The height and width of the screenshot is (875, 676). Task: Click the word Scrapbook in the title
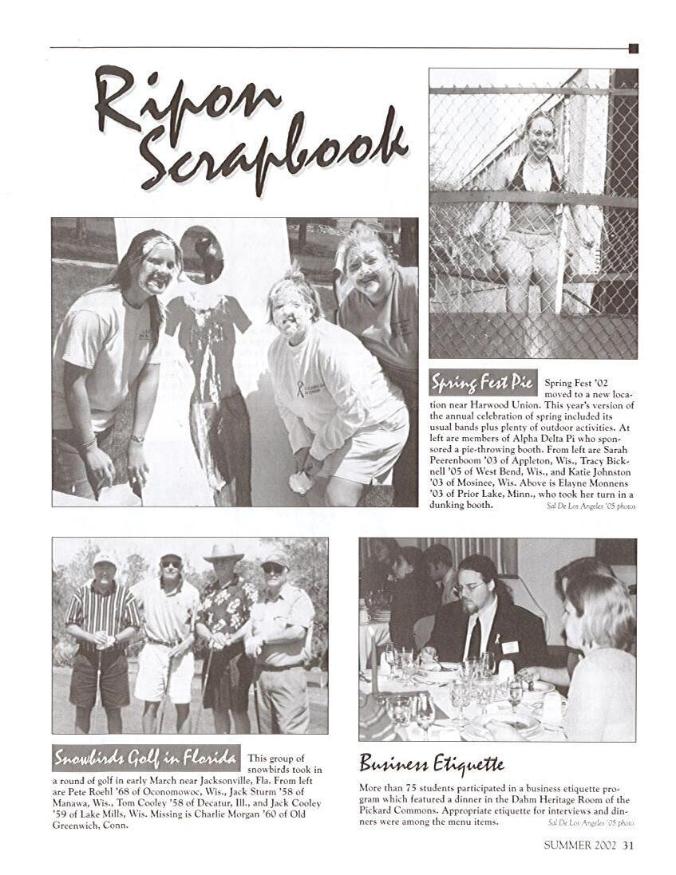click(x=271, y=152)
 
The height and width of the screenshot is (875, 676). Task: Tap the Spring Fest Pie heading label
click(x=483, y=382)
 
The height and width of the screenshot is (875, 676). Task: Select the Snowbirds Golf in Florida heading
click(x=146, y=756)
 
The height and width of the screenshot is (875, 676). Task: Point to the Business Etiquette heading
click(x=431, y=763)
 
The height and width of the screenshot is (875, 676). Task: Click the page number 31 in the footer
click(x=629, y=845)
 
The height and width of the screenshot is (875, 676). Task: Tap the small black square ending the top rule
click(x=633, y=49)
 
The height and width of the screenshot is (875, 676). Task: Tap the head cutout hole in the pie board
click(x=201, y=254)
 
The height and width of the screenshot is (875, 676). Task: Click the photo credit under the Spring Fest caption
click(x=591, y=506)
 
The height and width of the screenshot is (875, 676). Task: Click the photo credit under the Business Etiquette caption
click(x=591, y=822)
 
